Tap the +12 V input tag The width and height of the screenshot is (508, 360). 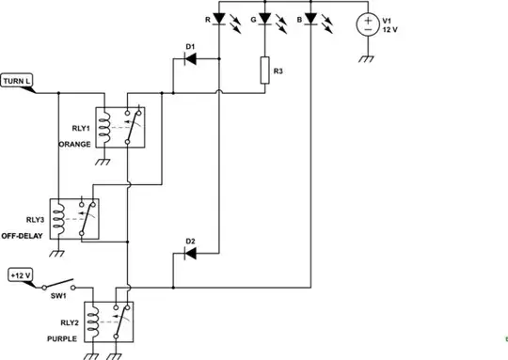coord(20,275)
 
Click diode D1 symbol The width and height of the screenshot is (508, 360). coord(192,59)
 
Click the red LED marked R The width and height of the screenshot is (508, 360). coord(218,19)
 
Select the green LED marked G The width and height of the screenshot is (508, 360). coord(264,19)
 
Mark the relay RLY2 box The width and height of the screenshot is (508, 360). coord(107,324)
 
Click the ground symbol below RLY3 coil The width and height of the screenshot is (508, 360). coord(57,252)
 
